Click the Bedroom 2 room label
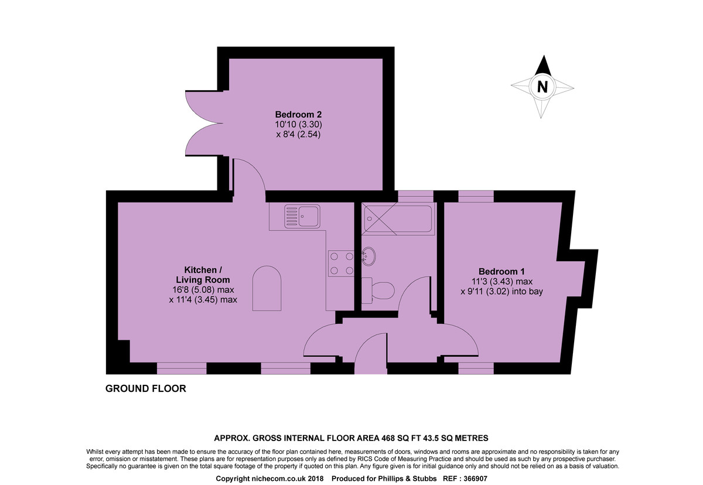(x=298, y=114)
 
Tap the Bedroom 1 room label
(x=501, y=271)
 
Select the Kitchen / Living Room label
(x=203, y=275)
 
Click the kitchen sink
(x=302, y=217)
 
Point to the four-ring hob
(x=341, y=264)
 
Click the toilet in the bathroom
(x=378, y=291)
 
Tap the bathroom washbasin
(x=368, y=257)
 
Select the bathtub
(x=398, y=218)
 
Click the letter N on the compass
(x=542, y=87)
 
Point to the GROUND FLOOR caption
(x=146, y=389)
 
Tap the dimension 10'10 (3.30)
(x=298, y=125)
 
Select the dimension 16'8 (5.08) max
(x=203, y=289)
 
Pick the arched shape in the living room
(x=267, y=288)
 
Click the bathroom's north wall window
(x=415, y=196)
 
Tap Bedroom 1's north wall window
(x=476, y=196)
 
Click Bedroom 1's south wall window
(x=476, y=368)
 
